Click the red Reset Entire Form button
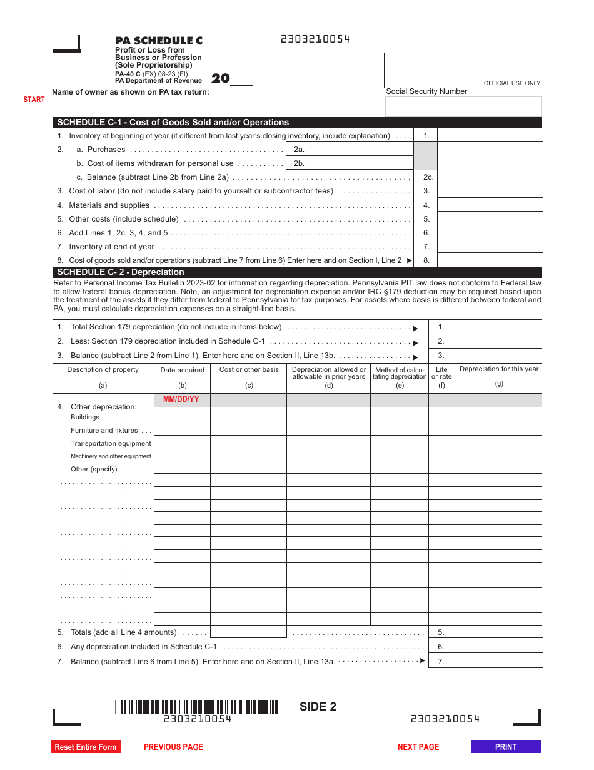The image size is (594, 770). [86, 747]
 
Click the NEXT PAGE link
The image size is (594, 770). [418, 747]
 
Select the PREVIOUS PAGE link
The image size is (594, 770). [173, 747]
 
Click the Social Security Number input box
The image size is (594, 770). [463, 106]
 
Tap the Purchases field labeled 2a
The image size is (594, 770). [361, 149]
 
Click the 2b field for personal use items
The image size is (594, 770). [361, 163]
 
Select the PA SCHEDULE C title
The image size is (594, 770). [159, 41]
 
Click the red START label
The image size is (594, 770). [34, 100]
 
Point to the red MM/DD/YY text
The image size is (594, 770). [181, 399]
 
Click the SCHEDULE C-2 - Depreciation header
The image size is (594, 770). [121, 272]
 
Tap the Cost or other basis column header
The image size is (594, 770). [249, 370]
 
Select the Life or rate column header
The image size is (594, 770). [441, 373]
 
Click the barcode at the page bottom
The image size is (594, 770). [197, 707]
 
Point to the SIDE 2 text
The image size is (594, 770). [318, 707]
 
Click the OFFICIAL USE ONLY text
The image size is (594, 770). [512, 83]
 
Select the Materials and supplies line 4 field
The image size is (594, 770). [489, 205]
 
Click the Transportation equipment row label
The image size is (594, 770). [111, 443]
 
